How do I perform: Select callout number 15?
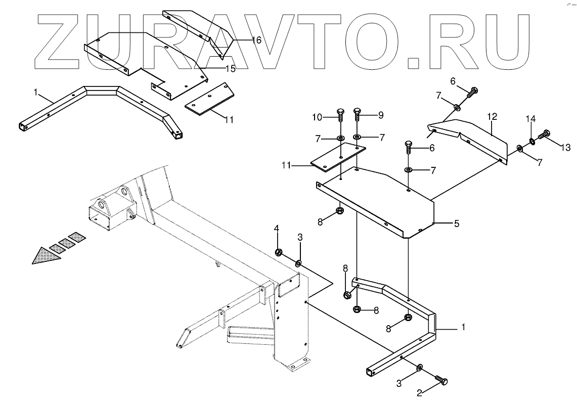click(231, 68)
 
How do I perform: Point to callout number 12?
click(492, 117)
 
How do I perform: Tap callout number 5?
click(456, 223)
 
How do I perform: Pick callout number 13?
click(565, 148)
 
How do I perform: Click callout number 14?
click(530, 120)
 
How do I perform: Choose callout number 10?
click(317, 117)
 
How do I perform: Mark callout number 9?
click(381, 115)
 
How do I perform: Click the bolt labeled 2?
click(441, 380)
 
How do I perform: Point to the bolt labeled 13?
click(545, 135)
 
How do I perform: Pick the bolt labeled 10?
click(339, 115)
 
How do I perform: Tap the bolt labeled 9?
click(357, 115)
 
